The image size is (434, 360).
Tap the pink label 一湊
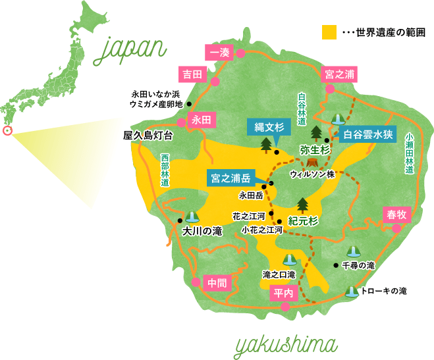click(219, 53)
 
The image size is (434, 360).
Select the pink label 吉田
click(192, 74)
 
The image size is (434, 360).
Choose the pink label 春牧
click(398, 214)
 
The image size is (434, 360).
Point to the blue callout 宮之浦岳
click(230, 178)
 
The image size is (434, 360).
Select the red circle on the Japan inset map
click(8, 130)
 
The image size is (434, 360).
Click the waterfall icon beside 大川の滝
click(192, 217)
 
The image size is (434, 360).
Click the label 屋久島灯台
click(148, 136)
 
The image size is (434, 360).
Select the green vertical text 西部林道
click(165, 171)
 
